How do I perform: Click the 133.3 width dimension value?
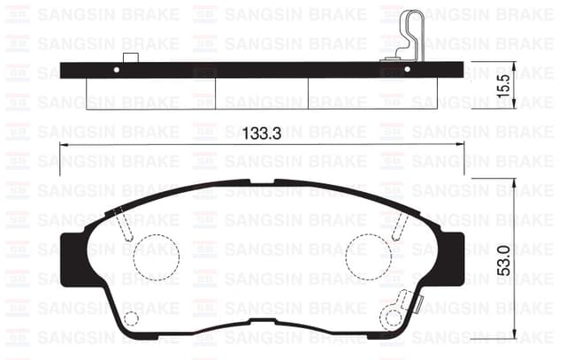pyautogui.click(x=261, y=134)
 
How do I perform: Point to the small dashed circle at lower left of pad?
pyautogui.click(x=131, y=318)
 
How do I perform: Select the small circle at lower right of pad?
pyautogui.click(x=392, y=317)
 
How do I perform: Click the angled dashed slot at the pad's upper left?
pyautogui.click(x=124, y=226)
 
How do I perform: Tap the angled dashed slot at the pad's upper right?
pyautogui.click(x=400, y=226)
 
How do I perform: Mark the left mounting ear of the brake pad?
pyautogui.click(x=75, y=259)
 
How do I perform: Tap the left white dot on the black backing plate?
pyautogui.click(x=118, y=69)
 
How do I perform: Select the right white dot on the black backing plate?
pyautogui.click(x=407, y=69)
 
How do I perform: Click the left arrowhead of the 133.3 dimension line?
pyautogui.click(x=64, y=146)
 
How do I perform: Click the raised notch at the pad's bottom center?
pyautogui.click(x=261, y=321)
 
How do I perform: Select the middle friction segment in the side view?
pyautogui.click(x=262, y=93)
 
